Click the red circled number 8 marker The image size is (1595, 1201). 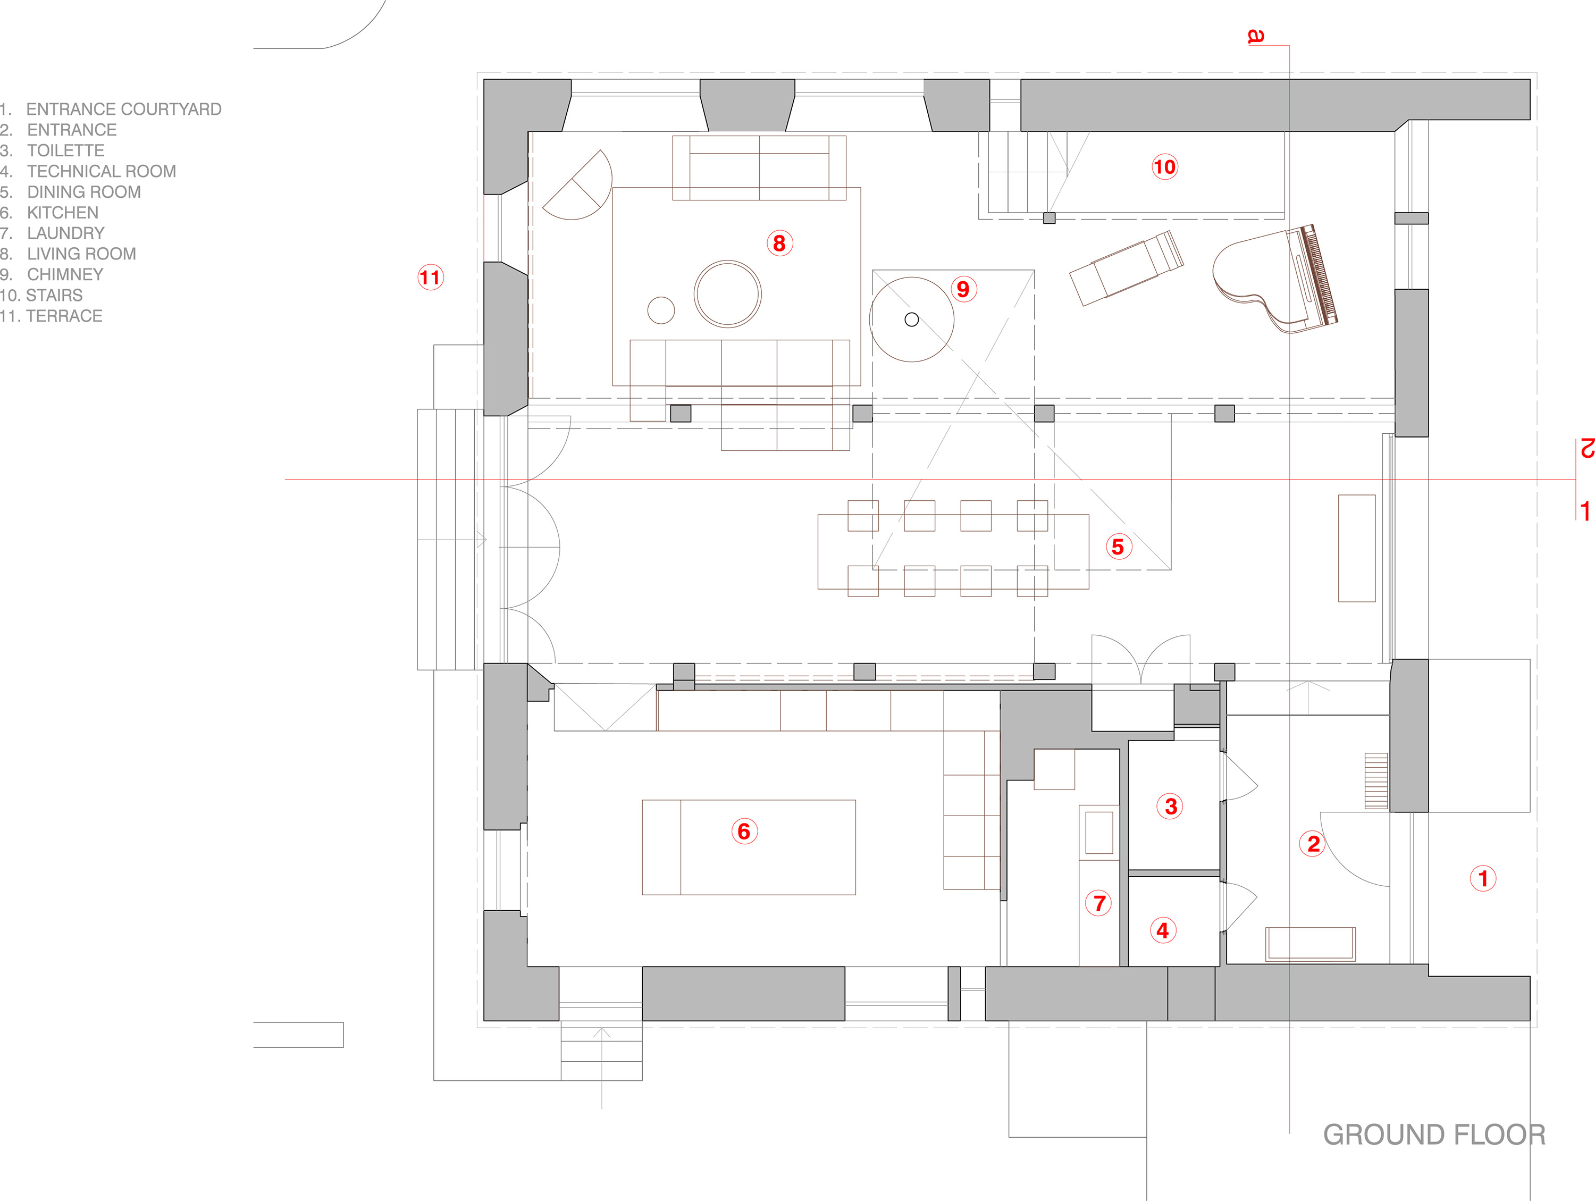click(779, 243)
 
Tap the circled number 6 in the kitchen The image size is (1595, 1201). click(744, 831)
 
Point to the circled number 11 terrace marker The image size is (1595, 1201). click(431, 278)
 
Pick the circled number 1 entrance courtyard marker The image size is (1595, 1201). click(1483, 878)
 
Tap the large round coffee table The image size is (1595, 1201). click(727, 294)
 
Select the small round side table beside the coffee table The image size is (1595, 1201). click(661, 310)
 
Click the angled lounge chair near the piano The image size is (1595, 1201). click(1126, 267)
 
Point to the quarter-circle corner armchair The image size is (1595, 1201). click(577, 185)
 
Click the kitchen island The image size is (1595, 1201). click(749, 847)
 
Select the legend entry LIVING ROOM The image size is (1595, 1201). click(81, 254)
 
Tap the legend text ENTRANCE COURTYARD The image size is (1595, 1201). click(124, 110)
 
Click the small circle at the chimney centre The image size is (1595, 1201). click(911, 320)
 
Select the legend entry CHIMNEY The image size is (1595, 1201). click(65, 275)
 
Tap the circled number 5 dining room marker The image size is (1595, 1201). click(1118, 547)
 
